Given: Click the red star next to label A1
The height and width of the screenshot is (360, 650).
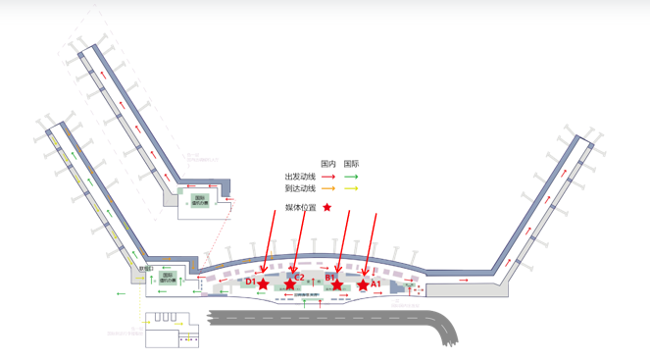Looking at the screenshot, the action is [x=363, y=284].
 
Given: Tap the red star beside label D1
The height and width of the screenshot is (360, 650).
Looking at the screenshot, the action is [x=263, y=284].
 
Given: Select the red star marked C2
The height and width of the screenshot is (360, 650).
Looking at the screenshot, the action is [x=289, y=284].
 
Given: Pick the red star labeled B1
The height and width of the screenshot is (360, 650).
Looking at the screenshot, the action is [x=337, y=284].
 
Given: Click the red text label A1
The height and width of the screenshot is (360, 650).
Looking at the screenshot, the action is [x=375, y=284].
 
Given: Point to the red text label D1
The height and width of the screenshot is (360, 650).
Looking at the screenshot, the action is [x=251, y=283].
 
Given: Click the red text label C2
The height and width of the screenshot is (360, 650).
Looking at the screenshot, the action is [x=299, y=278].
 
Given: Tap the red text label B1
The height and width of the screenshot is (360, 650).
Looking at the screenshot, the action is [x=330, y=278].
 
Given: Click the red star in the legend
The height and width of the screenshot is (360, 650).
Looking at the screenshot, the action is [x=327, y=208].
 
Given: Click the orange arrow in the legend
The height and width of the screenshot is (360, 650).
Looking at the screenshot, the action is [x=328, y=188].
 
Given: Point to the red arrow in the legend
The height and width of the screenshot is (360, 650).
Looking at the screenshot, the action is [x=328, y=178].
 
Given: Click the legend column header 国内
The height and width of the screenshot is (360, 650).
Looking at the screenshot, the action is [x=328, y=164].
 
